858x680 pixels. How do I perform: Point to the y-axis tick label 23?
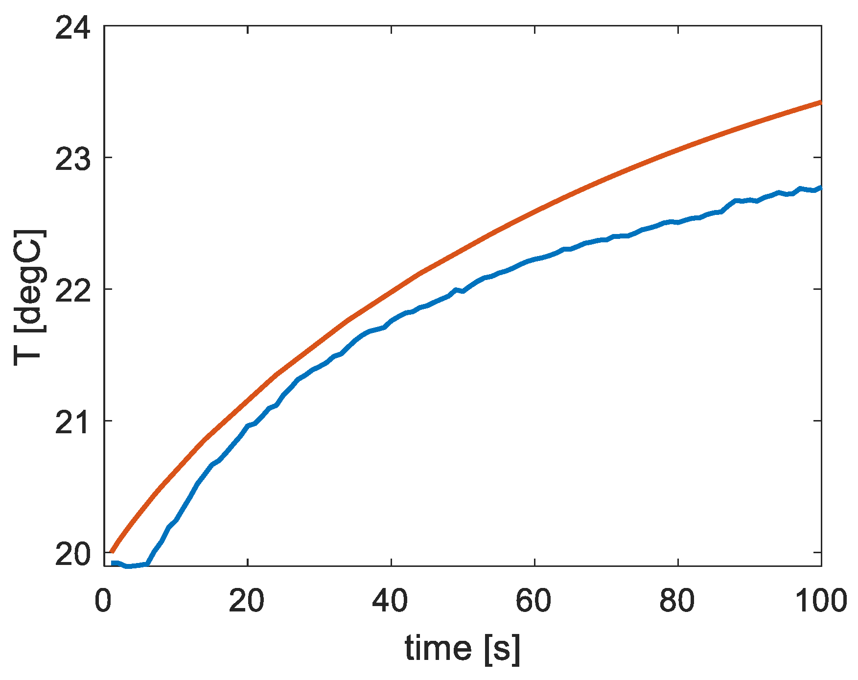tap(73, 158)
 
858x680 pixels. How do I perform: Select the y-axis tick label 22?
tap(73, 289)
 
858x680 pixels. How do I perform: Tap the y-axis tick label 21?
tap(73, 421)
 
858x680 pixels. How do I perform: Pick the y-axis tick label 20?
tap(73, 553)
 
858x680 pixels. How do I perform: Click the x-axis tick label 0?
tap(103, 600)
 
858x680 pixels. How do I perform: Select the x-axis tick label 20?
tap(247, 600)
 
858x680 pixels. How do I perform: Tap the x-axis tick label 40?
tap(391, 600)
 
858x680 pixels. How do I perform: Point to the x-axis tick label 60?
tap(534, 600)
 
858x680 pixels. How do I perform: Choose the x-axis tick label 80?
tap(677, 600)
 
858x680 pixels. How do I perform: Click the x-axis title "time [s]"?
tap(463, 649)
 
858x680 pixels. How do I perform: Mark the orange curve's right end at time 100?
tap(820, 102)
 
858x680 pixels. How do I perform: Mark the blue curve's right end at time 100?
tap(820, 188)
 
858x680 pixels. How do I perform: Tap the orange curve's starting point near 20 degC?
tap(112, 552)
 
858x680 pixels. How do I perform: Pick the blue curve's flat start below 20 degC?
tap(130, 566)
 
